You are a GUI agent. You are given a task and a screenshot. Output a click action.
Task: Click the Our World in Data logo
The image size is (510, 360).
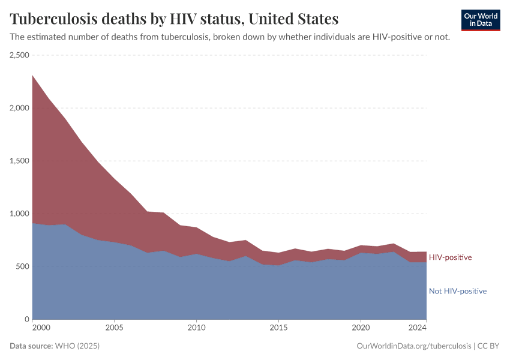481,20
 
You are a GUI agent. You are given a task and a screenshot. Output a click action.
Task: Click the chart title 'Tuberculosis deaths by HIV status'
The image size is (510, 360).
174,19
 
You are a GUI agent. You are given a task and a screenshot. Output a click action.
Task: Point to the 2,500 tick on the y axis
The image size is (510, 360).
19,55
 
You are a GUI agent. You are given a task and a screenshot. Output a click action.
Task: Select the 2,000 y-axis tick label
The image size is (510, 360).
19,108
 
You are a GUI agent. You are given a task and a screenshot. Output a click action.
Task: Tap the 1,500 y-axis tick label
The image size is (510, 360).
19,161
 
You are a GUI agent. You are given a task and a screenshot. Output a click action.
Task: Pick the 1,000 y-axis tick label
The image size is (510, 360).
19,214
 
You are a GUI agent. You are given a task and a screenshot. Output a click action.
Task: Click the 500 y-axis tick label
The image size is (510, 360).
23,266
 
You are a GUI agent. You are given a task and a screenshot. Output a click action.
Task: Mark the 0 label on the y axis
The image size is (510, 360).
27,319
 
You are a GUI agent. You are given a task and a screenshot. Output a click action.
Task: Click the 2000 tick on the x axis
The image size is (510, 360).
41,328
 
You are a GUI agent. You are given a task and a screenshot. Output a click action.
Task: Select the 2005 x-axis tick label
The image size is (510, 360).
114,328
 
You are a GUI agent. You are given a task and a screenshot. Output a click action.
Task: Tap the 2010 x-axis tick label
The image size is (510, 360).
196,328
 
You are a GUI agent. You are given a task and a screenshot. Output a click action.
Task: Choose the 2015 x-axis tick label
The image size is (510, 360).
278,328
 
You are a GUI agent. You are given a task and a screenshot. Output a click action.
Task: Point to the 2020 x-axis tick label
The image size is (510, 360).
361,328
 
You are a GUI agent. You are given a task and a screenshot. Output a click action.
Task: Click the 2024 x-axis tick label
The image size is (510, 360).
417,328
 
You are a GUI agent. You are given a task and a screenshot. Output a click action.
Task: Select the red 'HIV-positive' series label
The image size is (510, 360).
450,257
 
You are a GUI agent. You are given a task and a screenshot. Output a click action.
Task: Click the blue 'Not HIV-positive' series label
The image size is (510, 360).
458,291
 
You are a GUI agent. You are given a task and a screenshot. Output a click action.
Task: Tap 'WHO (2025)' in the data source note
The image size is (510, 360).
77,346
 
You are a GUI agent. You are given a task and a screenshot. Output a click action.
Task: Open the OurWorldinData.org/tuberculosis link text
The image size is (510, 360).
413,346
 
